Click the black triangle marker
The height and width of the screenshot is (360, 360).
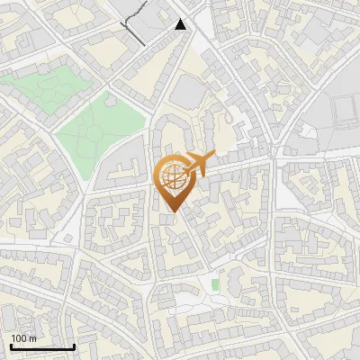click(x=181, y=24)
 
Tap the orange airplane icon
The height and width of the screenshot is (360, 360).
click(x=198, y=164)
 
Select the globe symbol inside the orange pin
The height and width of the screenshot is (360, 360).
click(x=171, y=177)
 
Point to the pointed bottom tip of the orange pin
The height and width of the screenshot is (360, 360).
click(x=171, y=211)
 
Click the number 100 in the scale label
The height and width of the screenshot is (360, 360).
click(x=19, y=338)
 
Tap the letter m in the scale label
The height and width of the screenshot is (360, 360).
click(x=32, y=338)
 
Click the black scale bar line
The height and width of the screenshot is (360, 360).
click(x=42, y=346)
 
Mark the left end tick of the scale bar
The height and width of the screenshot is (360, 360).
click(x=11, y=345)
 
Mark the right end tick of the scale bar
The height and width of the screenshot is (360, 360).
click(x=74, y=345)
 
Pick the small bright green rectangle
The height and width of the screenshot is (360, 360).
click(x=215, y=285)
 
